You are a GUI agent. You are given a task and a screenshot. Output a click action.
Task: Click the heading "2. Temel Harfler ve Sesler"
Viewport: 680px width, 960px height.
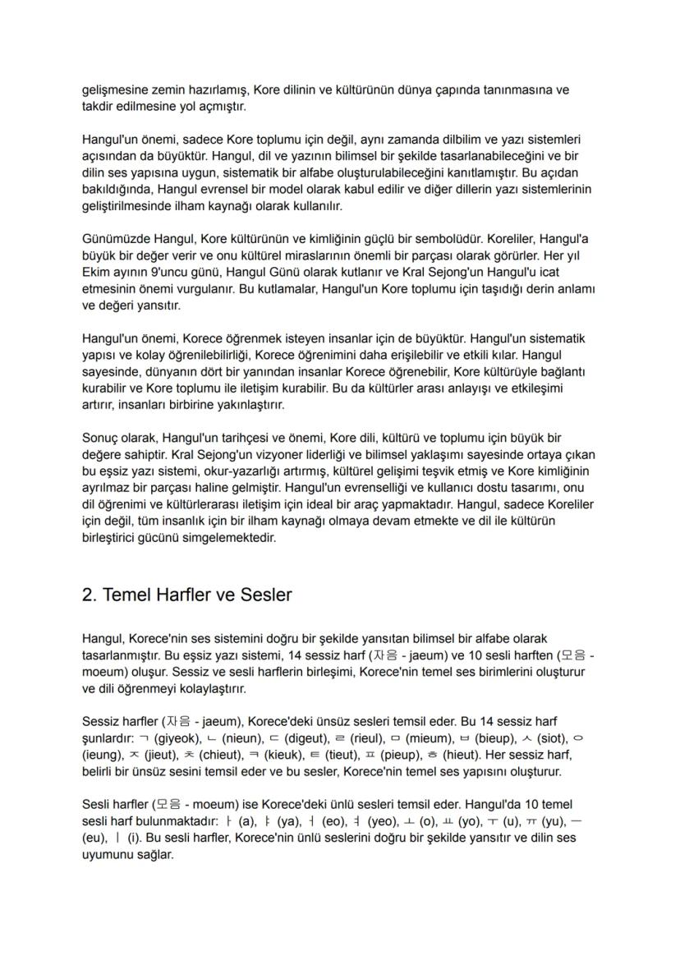click(x=186, y=595)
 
